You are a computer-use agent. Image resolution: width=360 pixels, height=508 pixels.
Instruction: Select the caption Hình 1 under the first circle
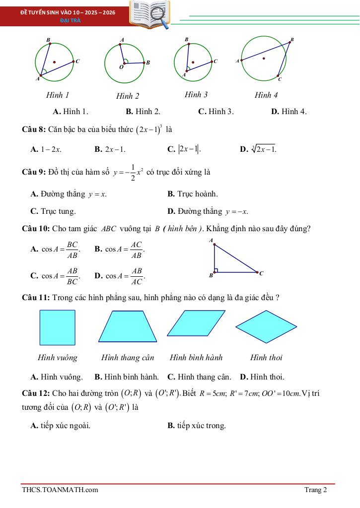click(58, 95)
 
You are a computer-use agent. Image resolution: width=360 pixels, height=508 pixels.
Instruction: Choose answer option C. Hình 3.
click(216, 112)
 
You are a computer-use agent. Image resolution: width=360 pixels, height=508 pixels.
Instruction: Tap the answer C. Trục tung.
click(53, 211)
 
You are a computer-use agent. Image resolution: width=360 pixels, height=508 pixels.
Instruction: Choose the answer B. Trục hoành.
click(193, 193)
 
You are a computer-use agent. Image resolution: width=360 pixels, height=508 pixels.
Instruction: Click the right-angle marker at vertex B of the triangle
click(216, 270)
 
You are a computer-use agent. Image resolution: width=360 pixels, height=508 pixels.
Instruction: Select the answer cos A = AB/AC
click(121, 276)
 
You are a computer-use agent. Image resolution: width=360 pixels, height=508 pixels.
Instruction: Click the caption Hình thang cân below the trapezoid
click(128, 357)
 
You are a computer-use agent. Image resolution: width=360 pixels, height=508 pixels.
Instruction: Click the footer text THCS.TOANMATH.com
click(60, 490)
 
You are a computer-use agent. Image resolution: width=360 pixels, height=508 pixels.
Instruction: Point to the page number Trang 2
click(315, 490)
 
